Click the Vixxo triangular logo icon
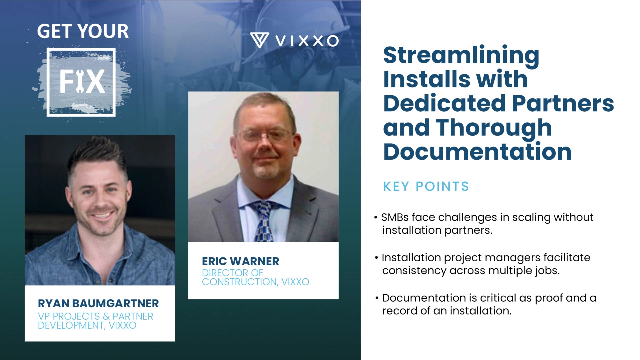259,40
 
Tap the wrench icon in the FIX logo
79,82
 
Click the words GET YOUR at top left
83,31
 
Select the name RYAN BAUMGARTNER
98,303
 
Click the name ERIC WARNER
240,261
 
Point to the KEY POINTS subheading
426,186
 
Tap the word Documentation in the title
477,152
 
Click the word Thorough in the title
494,128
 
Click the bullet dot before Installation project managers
376,258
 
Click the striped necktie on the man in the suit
264,220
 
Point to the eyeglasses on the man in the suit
265,135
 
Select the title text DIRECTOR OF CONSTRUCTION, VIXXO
255,277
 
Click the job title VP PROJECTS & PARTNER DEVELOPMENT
95,321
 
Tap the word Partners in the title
563,103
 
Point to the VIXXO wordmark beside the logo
307,41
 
